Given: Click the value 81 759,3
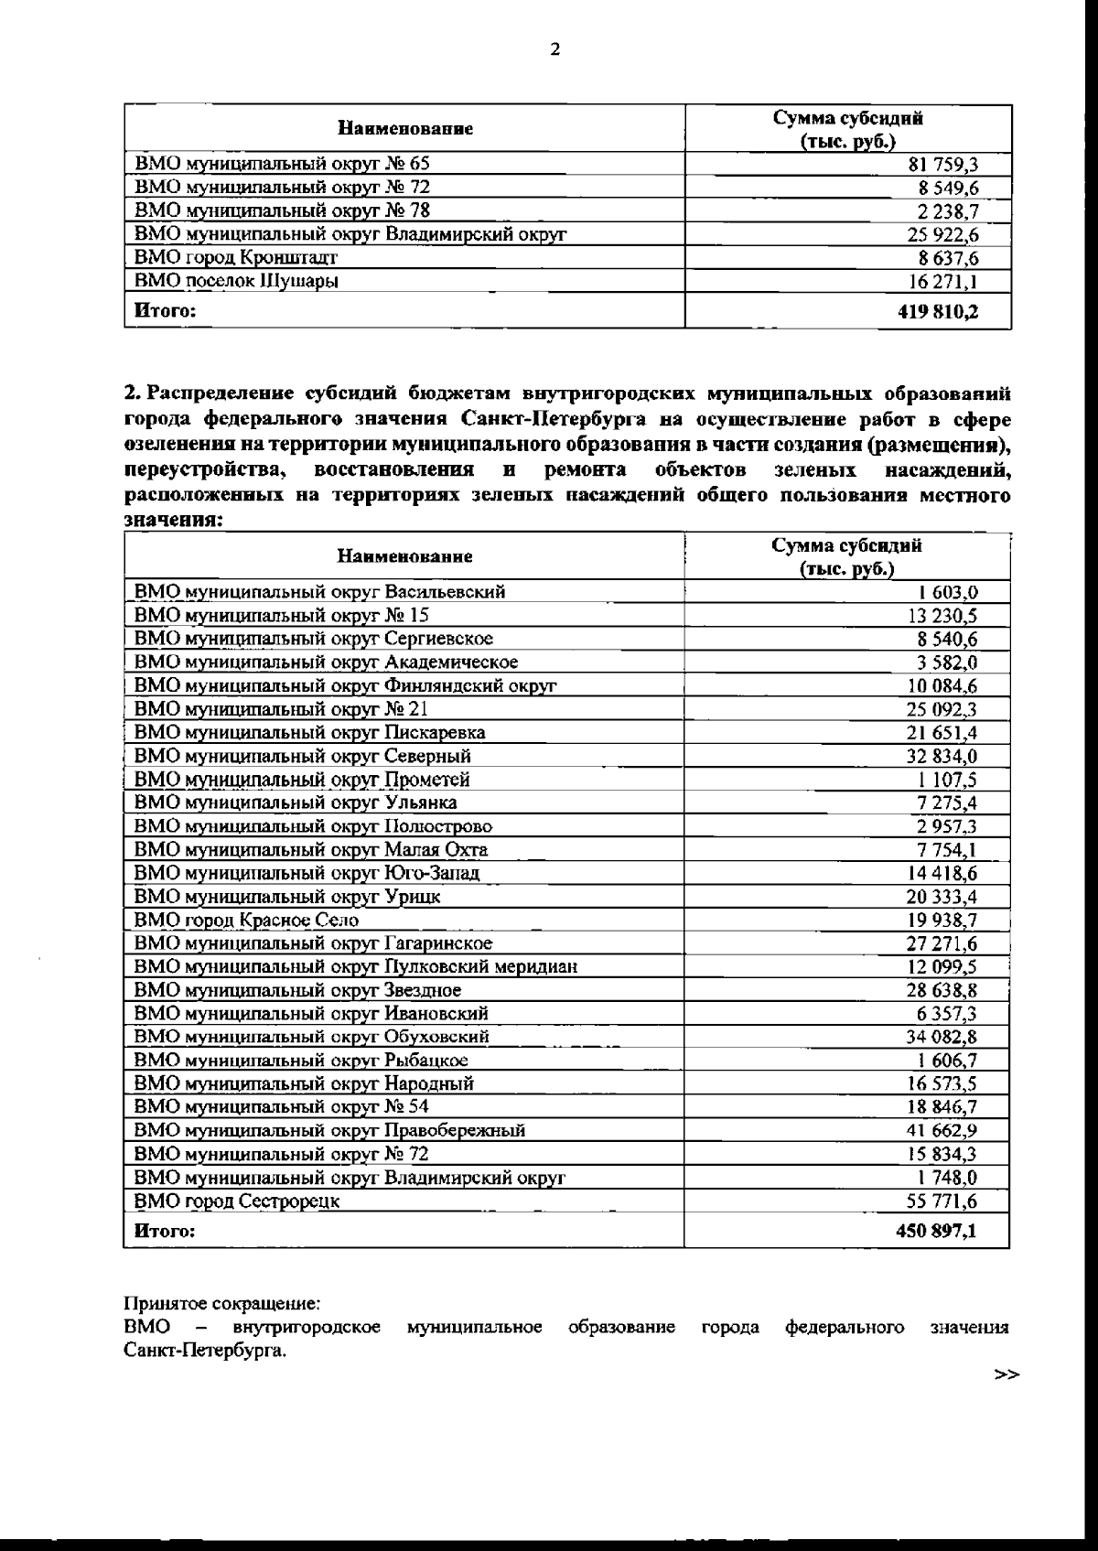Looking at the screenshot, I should (x=942, y=165).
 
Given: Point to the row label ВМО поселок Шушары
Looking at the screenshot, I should (x=236, y=281).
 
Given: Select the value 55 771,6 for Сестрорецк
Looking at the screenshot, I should (x=942, y=1201).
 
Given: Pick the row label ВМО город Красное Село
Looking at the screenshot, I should (x=246, y=921).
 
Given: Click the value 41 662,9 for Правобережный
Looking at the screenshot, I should (x=942, y=1130).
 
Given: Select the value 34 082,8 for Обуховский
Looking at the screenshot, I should (x=942, y=1037).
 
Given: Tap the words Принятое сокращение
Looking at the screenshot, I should (x=222, y=1302).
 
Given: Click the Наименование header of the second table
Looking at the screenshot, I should (x=404, y=556).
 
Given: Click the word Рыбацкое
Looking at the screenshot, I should (x=425, y=1061).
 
